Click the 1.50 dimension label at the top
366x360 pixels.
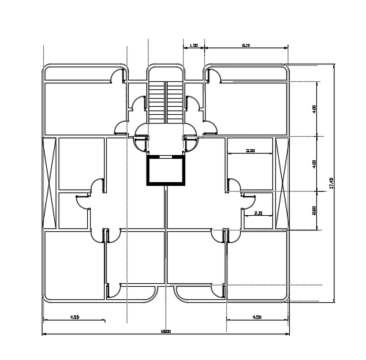click(193, 45)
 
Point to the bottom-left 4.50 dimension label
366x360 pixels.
click(74, 318)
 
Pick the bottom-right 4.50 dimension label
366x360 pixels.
click(257, 318)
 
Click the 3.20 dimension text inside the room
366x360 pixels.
click(250, 151)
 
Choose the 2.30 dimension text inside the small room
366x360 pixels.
click(258, 213)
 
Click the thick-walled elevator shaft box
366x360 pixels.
click(165, 171)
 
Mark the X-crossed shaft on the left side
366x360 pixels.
click(50, 183)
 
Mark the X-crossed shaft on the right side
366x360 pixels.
click(281, 183)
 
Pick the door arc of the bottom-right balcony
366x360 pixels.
click(217, 291)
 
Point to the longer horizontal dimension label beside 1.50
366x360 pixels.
click(246, 45)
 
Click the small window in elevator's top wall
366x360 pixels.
click(165, 156)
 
